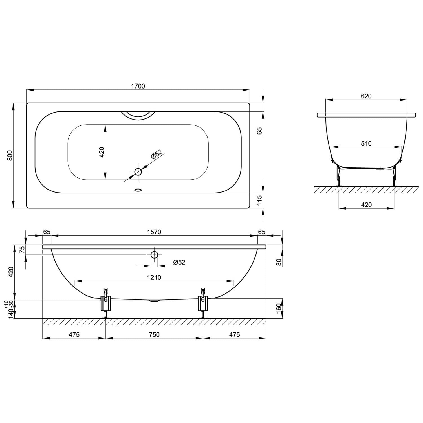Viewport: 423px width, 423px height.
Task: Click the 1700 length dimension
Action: tap(138, 86)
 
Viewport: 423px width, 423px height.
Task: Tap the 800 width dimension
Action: tap(10, 155)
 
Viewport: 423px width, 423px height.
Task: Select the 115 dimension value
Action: tap(260, 200)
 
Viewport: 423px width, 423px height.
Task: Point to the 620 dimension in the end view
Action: tap(366, 96)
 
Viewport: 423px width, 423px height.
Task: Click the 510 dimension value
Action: tap(366, 144)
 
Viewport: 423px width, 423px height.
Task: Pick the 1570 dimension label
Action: tap(154, 232)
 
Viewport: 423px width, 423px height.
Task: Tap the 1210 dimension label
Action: tap(154, 277)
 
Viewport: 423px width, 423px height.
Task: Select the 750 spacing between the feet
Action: tap(154, 334)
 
